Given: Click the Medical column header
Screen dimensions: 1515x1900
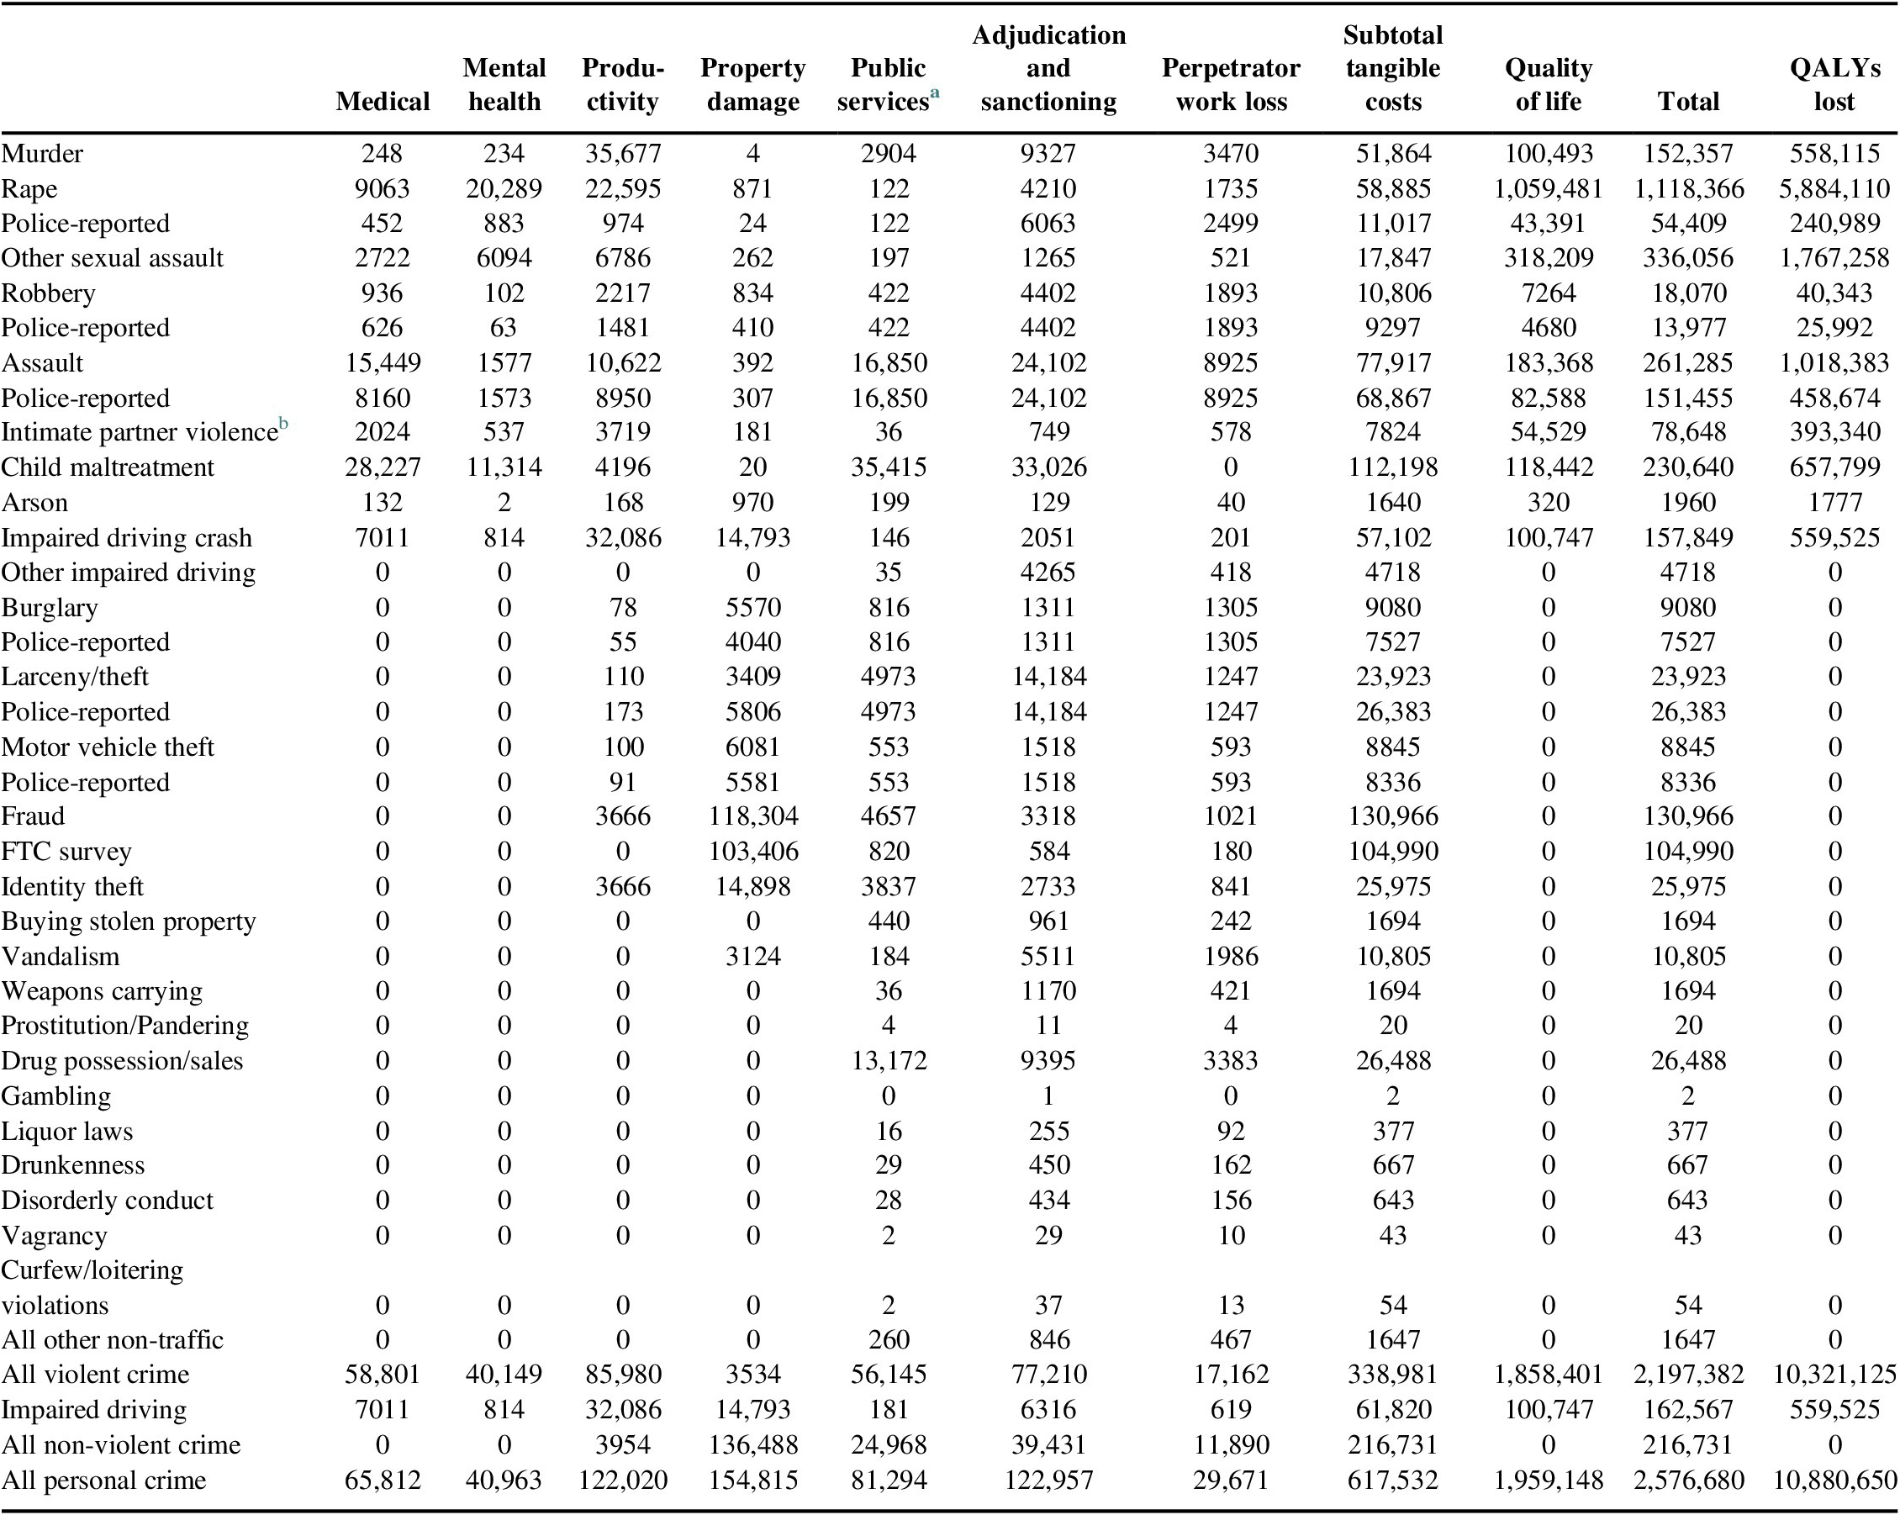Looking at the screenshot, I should (383, 102).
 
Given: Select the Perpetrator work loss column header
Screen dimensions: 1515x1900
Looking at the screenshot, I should (1230, 85).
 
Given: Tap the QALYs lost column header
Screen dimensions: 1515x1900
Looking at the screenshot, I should (1834, 85).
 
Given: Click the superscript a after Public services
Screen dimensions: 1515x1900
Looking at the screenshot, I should (935, 92).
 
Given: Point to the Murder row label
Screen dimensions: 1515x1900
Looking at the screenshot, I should (41, 153).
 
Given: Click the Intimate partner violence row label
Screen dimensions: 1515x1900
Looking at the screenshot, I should (140, 432).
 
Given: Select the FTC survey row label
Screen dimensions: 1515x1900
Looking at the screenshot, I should (66, 852).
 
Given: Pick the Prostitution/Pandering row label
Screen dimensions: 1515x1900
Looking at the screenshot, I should (124, 1026).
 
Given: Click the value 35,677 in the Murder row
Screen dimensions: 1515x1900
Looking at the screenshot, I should (622, 153).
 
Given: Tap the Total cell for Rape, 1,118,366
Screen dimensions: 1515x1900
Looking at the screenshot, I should (1687, 188).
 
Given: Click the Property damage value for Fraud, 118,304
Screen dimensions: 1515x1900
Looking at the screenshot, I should (752, 816).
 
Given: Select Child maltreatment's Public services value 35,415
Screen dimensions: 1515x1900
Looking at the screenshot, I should (888, 467).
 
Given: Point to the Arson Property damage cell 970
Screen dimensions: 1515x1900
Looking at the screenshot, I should (752, 503).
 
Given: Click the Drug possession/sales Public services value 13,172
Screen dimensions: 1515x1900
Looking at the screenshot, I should (888, 1060).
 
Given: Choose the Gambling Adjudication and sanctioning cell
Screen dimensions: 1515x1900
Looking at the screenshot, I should (1048, 1095).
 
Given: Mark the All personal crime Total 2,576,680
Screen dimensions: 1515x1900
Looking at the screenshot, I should (1687, 1480).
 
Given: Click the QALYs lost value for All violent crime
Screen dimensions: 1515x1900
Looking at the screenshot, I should (1834, 1374).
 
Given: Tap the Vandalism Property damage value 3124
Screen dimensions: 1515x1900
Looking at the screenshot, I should (752, 956).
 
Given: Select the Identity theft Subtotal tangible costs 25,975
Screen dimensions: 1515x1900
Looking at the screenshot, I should (1392, 887).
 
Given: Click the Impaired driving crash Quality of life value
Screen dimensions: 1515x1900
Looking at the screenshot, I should (1548, 537).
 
